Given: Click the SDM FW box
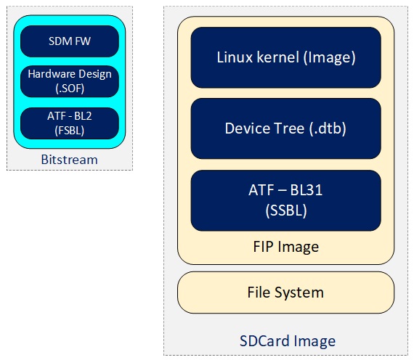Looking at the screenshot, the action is [x=70, y=41].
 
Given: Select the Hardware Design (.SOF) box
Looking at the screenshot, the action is [x=70, y=81].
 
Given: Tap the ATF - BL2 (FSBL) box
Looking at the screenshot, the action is [x=70, y=123].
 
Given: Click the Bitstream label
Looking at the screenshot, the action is [x=70, y=160].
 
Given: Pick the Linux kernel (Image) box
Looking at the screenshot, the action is [x=286, y=57].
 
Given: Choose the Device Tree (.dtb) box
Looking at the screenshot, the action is [x=286, y=128].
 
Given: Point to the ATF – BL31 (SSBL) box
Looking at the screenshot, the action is [x=286, y=200].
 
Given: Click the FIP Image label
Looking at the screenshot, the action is [x=286, y=247].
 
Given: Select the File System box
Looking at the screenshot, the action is [x=286, y=292].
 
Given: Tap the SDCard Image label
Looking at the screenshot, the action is [x=288, y=341].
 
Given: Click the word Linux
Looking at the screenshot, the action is [x=235, y=57].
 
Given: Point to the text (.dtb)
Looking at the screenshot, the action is [x=328, y=128].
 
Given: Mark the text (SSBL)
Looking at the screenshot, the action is [x=286, y=210].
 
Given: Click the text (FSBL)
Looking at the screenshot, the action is [x=70, y=131].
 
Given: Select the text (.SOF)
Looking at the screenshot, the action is [x=70, y=89].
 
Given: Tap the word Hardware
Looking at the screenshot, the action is [x=52, y=74].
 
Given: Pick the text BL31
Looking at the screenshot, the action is [x=307, y=190].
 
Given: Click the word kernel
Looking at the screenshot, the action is [x=278, y=57].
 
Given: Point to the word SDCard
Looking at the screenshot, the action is [x=265, y=341].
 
